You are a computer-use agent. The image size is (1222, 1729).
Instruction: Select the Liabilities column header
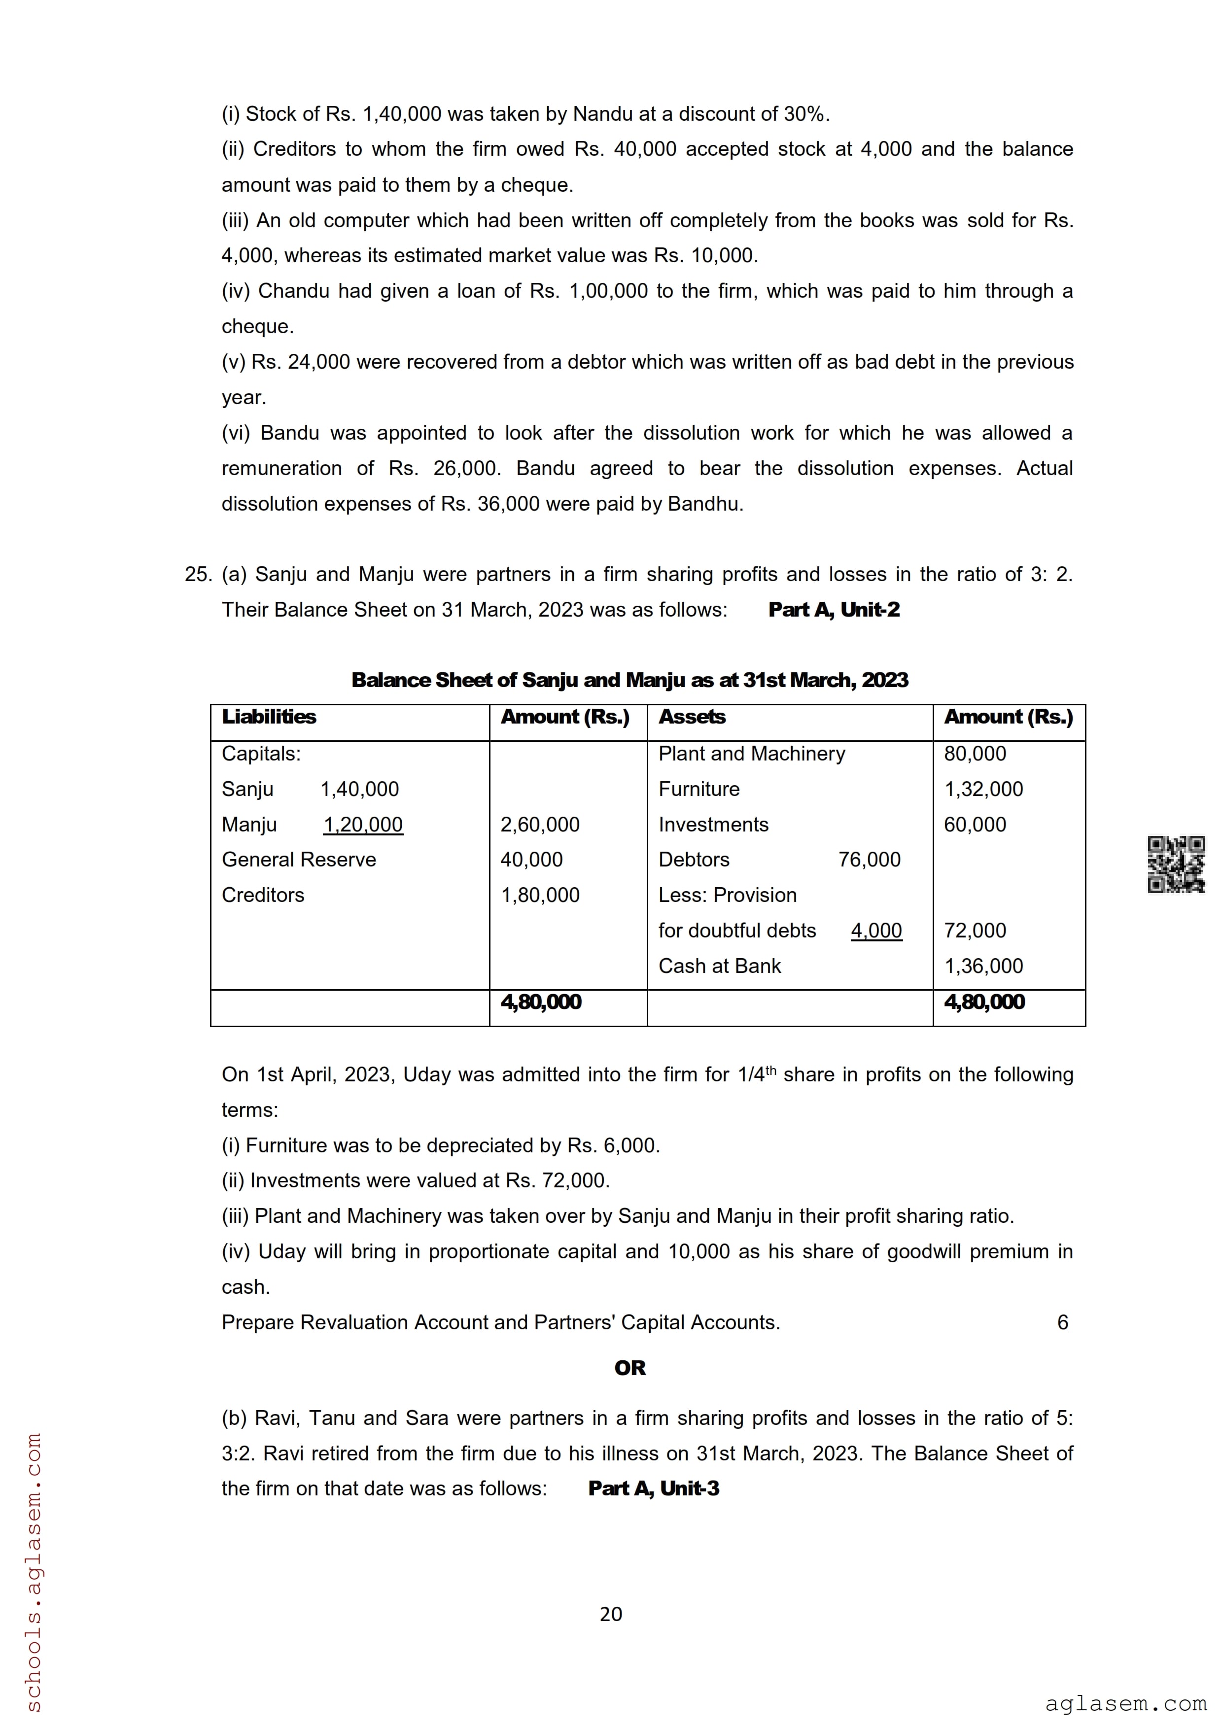pyautogui.click(x=269, y=717)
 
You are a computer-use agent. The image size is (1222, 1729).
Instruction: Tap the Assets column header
pyautogui.click(x=692, y=717)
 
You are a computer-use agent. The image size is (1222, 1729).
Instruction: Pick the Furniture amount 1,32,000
pyautogui.click(x=983, y=789)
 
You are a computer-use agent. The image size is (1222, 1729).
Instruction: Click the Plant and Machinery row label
pyautogui.click(x=751, y=753)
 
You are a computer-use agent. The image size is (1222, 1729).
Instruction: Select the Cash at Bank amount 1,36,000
pyautogui.click(x=983, y=966)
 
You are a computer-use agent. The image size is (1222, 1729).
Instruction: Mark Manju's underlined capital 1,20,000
pyautogui.click(x=363, y=825)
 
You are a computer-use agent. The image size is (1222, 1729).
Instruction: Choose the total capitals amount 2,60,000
pyautogui.click(x=540, y=825)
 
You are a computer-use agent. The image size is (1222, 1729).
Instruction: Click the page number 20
pyautogui.click(x=611, y=1614)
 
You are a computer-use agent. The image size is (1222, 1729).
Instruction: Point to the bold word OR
pyautogui.click(x=629, y=1368)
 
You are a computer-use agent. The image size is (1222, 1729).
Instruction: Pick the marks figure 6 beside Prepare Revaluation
pyautogui.click(x=1062, y=1322)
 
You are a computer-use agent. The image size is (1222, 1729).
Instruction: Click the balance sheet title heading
pyautogui.click(x=629, y=680)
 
